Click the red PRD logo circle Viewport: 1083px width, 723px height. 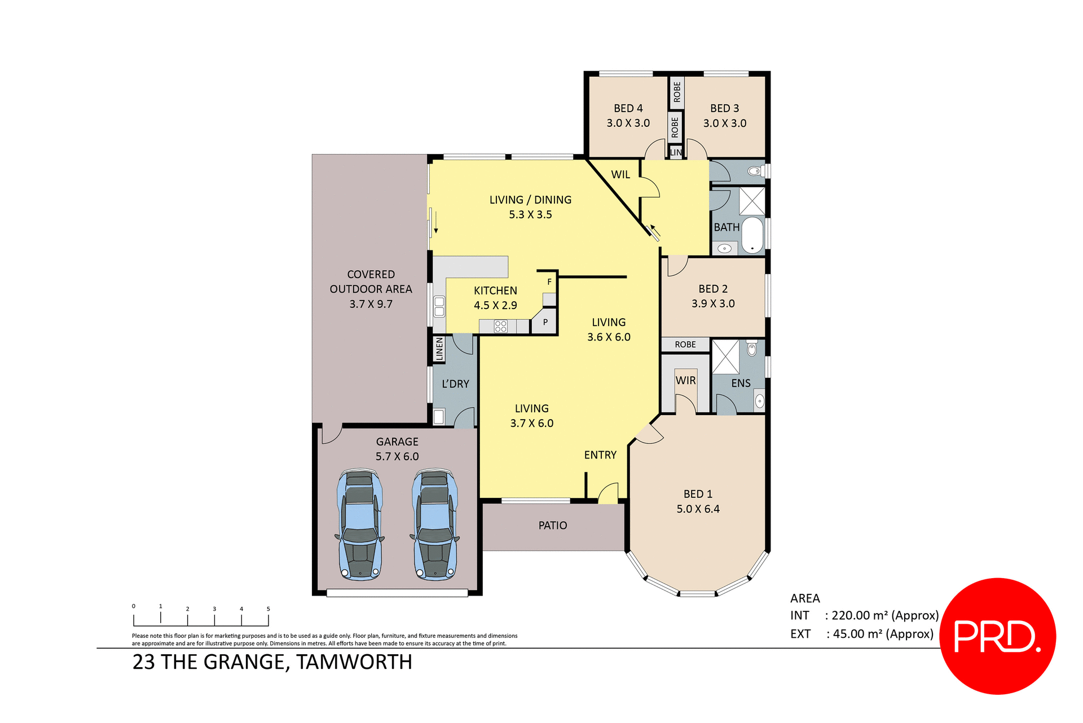point(997,636)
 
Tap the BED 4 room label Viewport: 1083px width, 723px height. point(628,108)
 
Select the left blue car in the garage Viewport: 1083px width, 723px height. point(360,524)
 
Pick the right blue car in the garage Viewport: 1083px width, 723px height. point(435,524)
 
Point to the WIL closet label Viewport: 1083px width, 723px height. point(620,175)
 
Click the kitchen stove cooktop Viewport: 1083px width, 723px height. point(500,326)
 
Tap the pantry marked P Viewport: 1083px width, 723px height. point(545,323)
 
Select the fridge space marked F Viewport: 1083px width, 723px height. point(549,282)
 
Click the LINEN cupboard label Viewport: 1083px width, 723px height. point(439,349)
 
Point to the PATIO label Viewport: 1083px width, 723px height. point(552,526)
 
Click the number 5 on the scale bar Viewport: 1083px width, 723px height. point(268,609)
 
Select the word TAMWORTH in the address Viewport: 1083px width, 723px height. point(354,662)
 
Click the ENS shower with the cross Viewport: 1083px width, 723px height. point(725,356)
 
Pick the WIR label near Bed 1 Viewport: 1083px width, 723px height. point(685,381)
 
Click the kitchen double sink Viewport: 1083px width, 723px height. point(439,307)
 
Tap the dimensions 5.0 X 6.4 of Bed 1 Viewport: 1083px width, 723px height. point(698,509)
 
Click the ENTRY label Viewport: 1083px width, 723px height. point(600,455)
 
